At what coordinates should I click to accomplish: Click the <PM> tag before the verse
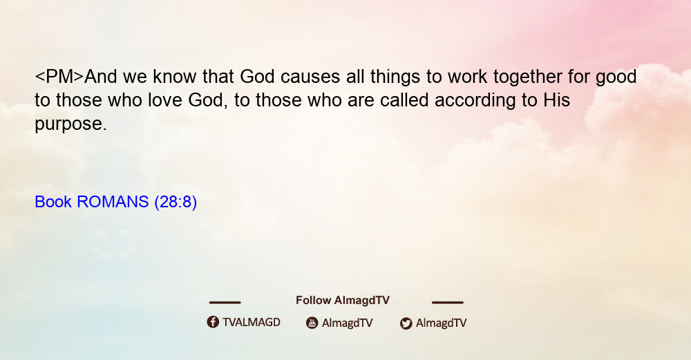pos(59,77)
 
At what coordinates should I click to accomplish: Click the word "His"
pos(556,100)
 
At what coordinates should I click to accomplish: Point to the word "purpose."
pos(71,124)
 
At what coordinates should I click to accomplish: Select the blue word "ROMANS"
pos(113,202)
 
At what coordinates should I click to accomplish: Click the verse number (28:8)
pos(176,202)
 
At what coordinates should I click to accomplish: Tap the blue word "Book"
pos(53,202)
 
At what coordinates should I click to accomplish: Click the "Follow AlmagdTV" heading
pos(343,301)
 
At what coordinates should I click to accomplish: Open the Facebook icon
pos(213,322)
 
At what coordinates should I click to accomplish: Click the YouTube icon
pos(312,323)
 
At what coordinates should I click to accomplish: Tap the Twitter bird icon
pos(406,323)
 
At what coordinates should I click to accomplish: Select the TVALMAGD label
pos(252,323)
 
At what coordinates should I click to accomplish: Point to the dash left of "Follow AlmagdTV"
pos(225,303)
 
